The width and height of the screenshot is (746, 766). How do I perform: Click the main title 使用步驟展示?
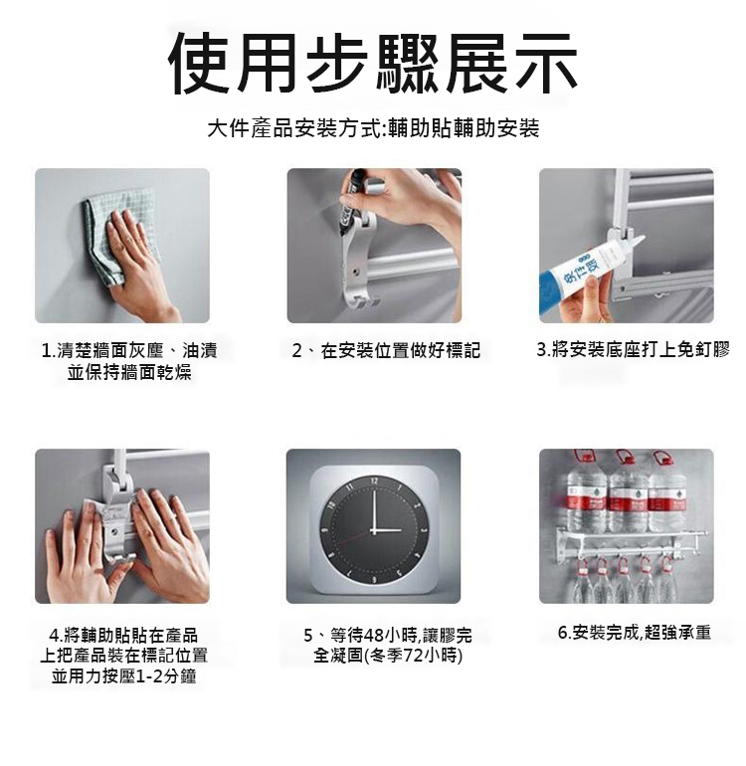pyautogui.click(x=372, y=64)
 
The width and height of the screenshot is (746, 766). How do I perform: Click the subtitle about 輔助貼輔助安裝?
pyautogui.click(x=373, y=128)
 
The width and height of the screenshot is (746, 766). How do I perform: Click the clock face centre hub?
pyautogui.click(x=374, y=530)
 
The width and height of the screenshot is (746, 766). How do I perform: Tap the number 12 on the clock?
pyautogui.click(x=374, y=481)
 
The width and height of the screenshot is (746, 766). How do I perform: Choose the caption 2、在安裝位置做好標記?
pyautogui.click(x=386, y=350)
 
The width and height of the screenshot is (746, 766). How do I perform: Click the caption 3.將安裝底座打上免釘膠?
pyautogui.click(x=634, y=350)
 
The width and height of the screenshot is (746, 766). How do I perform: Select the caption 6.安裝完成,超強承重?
pyautogui.click(x=635, y=632)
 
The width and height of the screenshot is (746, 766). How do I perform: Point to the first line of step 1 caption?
pyautogui.click(x=129, y=350)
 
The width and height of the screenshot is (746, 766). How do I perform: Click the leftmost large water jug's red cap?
pyautogui.click(x=584, y=458)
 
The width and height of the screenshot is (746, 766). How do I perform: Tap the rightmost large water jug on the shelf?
pyautogui.click(x=667, y=493)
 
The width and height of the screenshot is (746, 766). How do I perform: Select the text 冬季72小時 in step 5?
pyautogui.click(x=414, y=656)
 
